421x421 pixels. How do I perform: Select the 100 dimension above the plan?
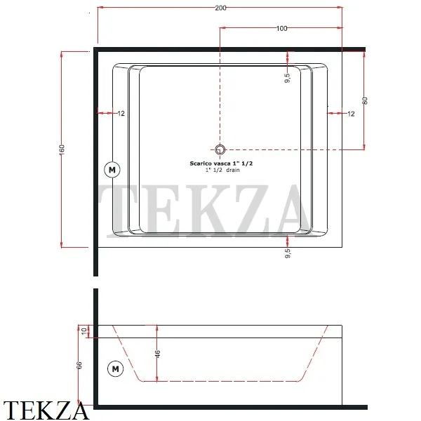281,28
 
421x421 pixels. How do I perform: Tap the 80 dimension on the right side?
364,100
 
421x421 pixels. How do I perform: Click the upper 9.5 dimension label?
287,78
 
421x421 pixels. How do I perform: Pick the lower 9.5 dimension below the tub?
287,253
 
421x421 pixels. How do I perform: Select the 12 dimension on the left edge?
121,113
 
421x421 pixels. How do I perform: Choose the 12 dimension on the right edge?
351,113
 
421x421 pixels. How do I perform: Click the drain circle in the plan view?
220,149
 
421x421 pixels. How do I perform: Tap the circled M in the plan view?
112,169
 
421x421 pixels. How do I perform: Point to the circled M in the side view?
114,367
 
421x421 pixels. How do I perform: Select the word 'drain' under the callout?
232,170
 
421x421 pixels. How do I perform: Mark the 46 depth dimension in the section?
157,352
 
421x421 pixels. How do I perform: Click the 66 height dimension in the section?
79,365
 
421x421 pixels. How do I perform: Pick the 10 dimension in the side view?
83,330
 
